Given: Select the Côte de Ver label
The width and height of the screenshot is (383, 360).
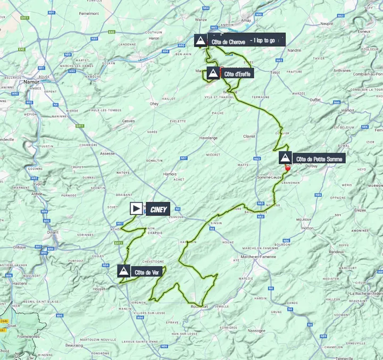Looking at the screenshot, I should point(146,272).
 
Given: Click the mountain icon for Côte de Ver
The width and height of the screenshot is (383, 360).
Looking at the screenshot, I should point(124,271).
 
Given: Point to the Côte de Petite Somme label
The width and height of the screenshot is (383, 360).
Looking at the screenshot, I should point(320,158).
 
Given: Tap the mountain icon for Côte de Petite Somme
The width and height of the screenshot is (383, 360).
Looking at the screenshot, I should point(286,158).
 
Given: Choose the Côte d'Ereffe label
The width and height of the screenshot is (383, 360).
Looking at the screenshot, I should point(237,73).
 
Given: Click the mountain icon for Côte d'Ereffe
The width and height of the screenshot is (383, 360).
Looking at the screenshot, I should point(213,73).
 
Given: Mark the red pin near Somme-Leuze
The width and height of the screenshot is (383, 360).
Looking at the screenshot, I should point(288,168).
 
